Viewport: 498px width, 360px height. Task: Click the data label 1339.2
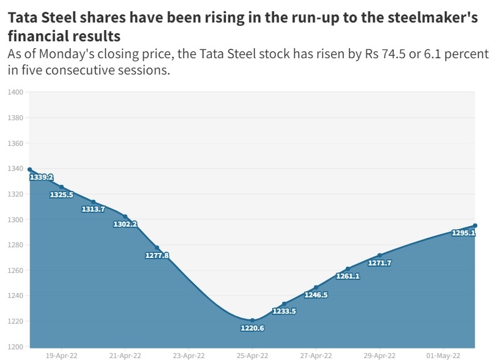click(x=41, y=178)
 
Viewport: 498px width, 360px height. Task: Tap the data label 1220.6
click(x=252, y=328)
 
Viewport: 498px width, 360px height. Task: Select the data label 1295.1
click(x=464, y=233)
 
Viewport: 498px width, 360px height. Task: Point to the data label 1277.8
click(x=157, y=255)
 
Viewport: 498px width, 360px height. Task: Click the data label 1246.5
click(x=316, y=295)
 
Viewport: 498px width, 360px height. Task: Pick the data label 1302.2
click(x=125, y=224)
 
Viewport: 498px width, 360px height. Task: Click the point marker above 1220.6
click(x=253, y=320)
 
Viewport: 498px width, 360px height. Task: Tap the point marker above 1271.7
click(x=380, y=255)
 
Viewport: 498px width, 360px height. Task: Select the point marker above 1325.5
click(x=61, y=187)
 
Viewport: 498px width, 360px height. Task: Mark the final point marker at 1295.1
click(x=475, y=225)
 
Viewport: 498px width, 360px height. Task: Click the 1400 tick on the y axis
click(x=16, y=93)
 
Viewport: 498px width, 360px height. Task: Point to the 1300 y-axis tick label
click(x=16, y=220)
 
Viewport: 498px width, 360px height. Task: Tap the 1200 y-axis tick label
click(x=16, y=347)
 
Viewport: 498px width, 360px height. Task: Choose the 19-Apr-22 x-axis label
click(x=61, y=355)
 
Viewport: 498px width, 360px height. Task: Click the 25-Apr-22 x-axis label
click(x=252, y=355)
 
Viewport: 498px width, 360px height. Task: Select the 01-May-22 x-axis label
click(x=443, y=355)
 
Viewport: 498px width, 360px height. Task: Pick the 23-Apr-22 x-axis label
click(x=188, y=355)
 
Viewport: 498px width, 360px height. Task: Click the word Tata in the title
click(x=24, y=18)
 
